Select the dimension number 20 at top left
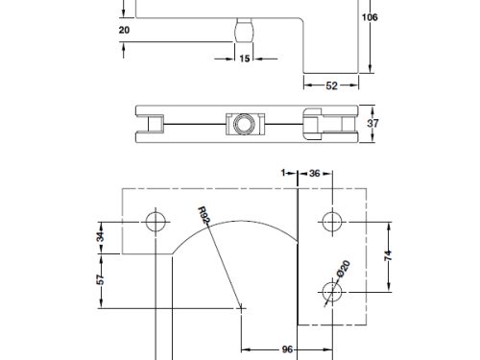click(x=123, y=30)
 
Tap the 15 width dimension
click(x=244, y=60)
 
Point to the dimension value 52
click(x=331, y=86)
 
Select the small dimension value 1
click(x=286, y=174)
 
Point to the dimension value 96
click(x=286, y=350)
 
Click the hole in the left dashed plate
click(x=155, y=223)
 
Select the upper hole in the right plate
click(x=332, y=222)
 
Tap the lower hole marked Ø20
click(x=332, y=289)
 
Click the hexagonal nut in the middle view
click(x=240, y=123)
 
